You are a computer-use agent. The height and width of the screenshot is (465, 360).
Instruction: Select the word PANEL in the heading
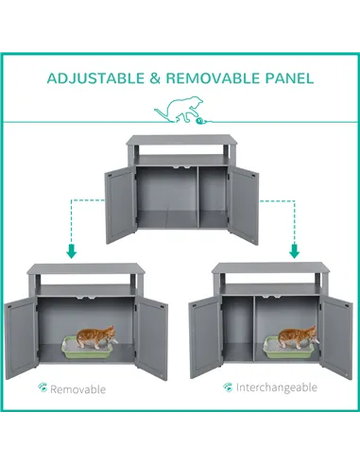(x=288, y=78)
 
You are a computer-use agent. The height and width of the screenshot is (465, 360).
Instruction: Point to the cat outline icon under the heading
(x=180, y=111)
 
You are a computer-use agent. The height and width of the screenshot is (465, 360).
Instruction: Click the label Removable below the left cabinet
(x=77, y=388)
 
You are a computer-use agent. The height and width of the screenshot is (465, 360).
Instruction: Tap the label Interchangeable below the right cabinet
(x=276, y=387)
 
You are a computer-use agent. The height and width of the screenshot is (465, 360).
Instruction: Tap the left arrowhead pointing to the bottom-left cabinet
(x=71, y=252)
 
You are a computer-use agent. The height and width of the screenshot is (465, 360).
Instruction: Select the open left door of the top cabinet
(x=121, y=204)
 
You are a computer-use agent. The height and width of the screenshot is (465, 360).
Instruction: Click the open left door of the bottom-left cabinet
(x=21, y=337)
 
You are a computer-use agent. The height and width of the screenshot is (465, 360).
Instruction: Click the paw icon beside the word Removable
(x=42, y=387)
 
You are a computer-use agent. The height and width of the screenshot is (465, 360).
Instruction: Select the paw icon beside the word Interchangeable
(x=227, y=387)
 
